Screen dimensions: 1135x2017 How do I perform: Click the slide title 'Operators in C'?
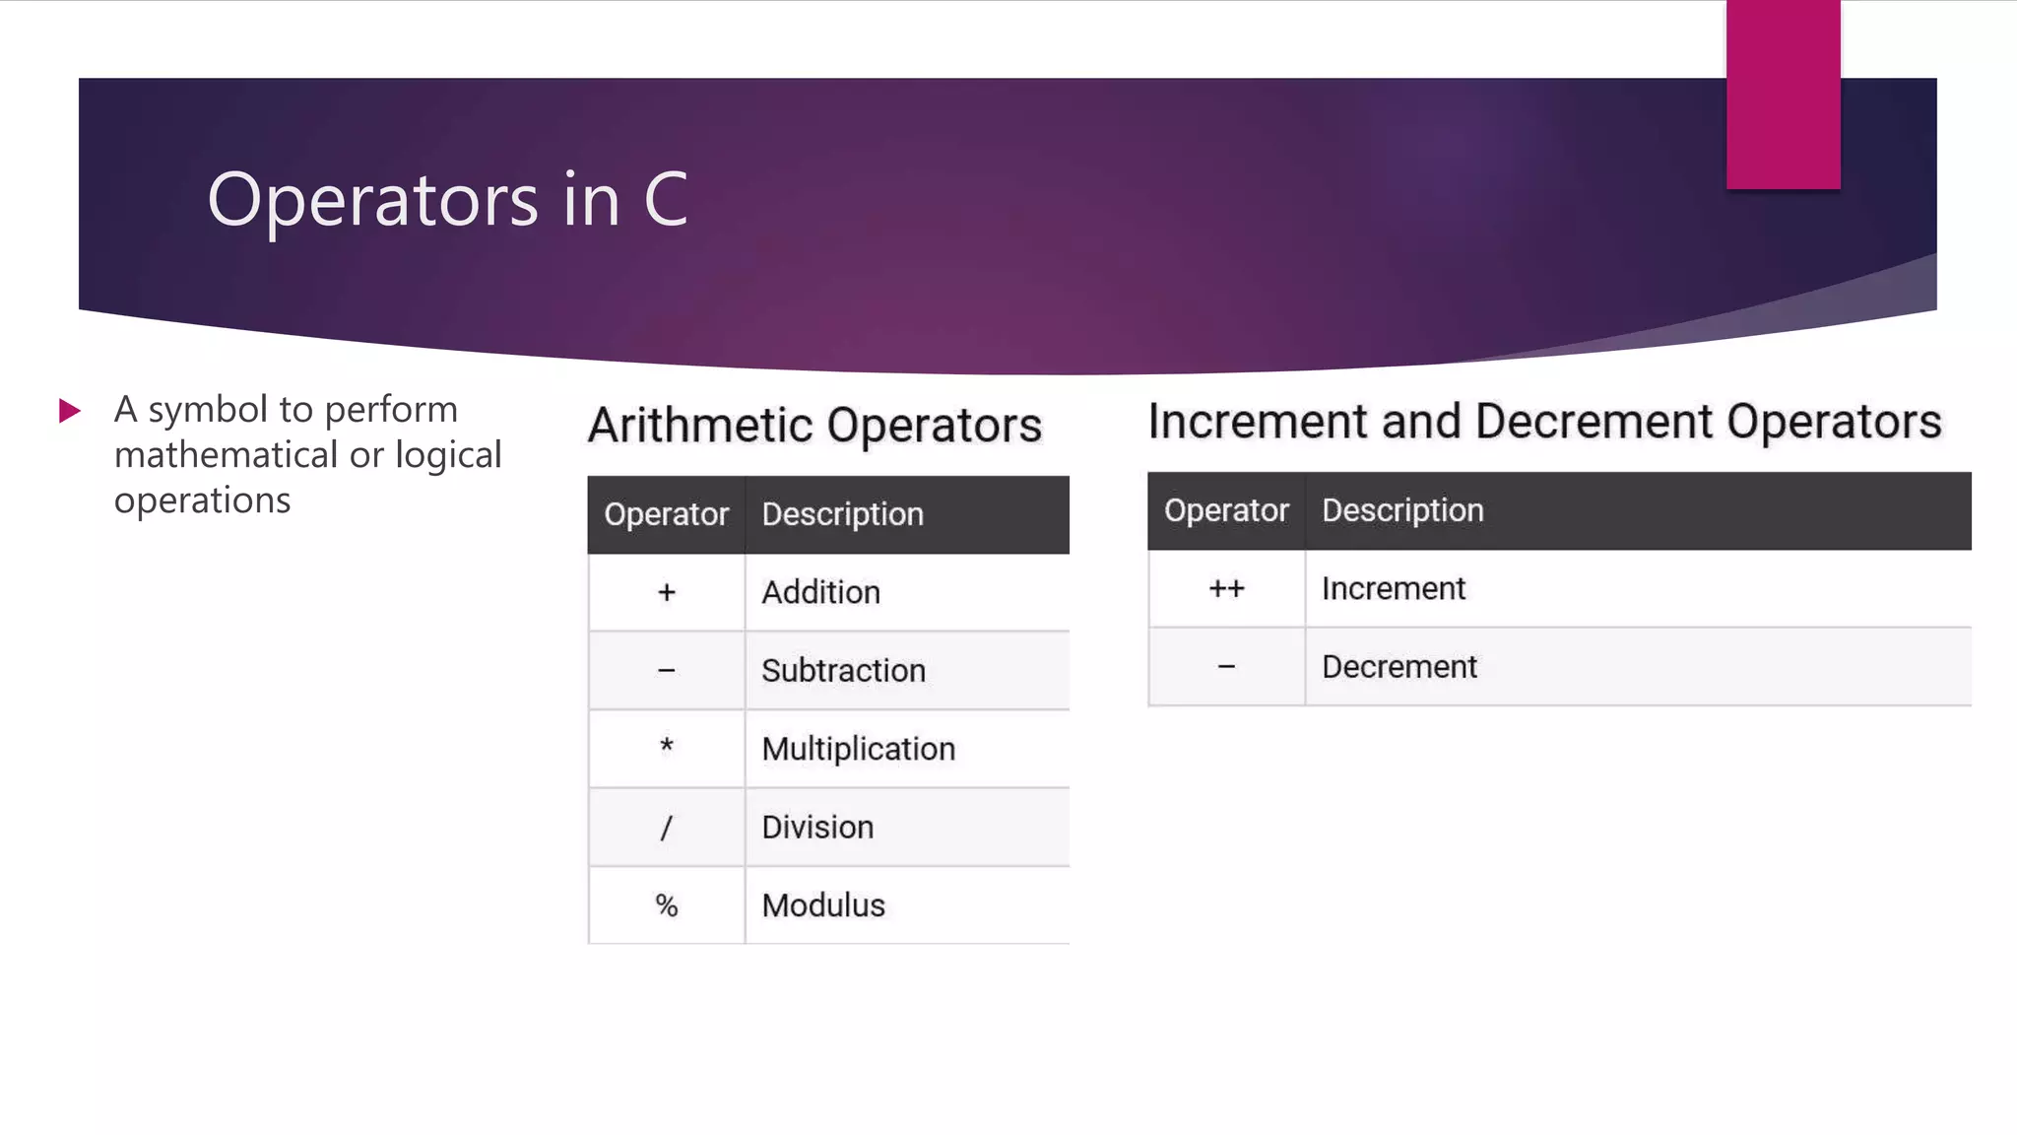[447, 199]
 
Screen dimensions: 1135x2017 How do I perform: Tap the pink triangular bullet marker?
[69, 410]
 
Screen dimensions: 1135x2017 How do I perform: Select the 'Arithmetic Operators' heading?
[814, 426]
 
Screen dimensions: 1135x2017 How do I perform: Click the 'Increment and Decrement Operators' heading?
[1544, 422]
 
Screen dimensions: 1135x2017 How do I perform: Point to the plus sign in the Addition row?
[667, 592]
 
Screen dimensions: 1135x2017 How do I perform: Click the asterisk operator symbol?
[667, 746]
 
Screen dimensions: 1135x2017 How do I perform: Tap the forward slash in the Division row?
[667, 828]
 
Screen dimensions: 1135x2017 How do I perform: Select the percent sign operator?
[667, 905]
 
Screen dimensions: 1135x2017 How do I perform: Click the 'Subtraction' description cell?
[843, 671]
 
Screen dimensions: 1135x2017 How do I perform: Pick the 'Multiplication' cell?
[858, 749]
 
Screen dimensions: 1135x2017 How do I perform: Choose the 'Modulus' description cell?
[823, 905]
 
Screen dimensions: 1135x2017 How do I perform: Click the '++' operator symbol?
[1226, 589]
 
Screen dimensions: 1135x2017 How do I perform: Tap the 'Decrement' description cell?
[1399, 667]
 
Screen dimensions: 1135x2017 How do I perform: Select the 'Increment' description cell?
[1393, 589]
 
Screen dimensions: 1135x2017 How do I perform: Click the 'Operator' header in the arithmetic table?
[666, 514]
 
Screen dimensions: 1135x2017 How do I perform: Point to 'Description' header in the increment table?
[1402, 510]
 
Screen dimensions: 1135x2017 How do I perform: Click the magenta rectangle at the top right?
[1783, 95]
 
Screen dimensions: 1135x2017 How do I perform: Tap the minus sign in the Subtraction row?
[667, 671]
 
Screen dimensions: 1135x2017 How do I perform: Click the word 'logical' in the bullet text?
[448, 455]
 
